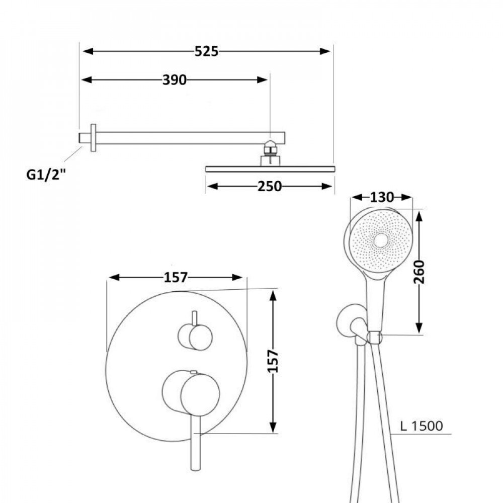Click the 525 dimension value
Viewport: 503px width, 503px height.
coord(207,51)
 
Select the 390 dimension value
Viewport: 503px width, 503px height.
coord(174,79)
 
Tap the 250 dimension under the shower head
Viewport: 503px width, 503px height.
coord(270,186)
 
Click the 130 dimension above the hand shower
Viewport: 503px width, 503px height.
coord(381,198)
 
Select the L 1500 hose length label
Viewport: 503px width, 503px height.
coord(422,427)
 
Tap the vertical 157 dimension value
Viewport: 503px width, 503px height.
coord(273,361)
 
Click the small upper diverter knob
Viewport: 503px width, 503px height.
coord(195,337)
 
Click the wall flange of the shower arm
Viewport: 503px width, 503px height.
coord(93,137)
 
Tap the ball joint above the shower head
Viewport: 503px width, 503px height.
coord(271,147)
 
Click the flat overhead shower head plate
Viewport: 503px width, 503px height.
coord(270,169)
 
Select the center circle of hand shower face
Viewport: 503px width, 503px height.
coord(381,241)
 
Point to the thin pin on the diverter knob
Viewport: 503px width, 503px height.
coord(194,318)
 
